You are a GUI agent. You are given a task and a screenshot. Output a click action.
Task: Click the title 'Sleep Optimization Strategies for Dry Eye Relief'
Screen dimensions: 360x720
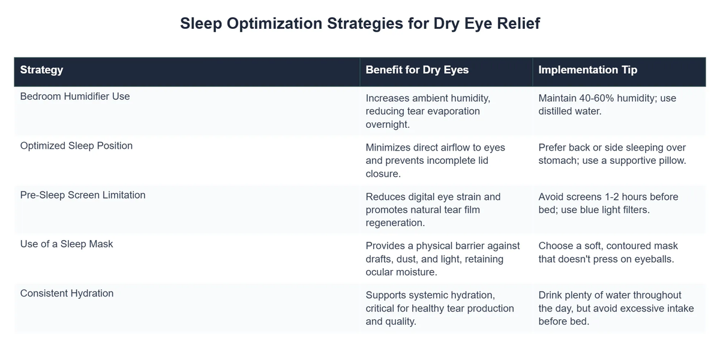click(360, 23)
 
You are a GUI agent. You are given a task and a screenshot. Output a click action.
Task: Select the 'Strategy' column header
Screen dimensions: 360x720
click(41, 70)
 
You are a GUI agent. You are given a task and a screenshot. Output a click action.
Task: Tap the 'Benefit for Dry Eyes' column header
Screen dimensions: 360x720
click(417, 70)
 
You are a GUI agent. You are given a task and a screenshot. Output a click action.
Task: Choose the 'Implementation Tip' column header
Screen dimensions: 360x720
click(587, 70)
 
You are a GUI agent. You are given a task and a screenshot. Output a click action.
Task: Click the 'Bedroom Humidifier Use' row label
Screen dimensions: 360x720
click(75, 96)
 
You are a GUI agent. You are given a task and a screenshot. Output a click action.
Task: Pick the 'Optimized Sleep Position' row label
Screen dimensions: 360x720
click(76, 145)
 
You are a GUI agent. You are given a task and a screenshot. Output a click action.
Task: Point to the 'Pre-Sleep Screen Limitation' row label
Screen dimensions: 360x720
click(83, 195)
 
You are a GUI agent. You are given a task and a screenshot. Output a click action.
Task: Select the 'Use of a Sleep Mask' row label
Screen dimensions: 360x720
click(67, 244)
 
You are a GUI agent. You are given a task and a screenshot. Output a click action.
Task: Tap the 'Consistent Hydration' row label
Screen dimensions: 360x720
click(67, 293)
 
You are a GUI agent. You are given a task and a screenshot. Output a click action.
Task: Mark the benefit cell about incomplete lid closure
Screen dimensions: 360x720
click(435, 160)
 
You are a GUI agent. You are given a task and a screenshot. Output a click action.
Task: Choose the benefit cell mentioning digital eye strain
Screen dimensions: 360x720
click(433, 209)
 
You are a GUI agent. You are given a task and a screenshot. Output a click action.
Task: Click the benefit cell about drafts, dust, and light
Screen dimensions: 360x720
click(442, 259)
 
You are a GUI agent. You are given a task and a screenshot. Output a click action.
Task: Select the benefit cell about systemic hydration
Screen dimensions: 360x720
click(439, 308)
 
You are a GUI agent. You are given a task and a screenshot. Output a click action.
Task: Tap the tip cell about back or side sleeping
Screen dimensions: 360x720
click(612, 154)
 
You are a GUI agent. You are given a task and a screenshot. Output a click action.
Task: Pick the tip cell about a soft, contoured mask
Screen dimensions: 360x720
click(608, 253)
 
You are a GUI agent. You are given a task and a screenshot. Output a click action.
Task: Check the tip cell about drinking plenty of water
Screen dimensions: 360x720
click(616, 308)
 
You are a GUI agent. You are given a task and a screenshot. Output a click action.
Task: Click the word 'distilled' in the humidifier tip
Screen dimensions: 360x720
click(557, 111)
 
